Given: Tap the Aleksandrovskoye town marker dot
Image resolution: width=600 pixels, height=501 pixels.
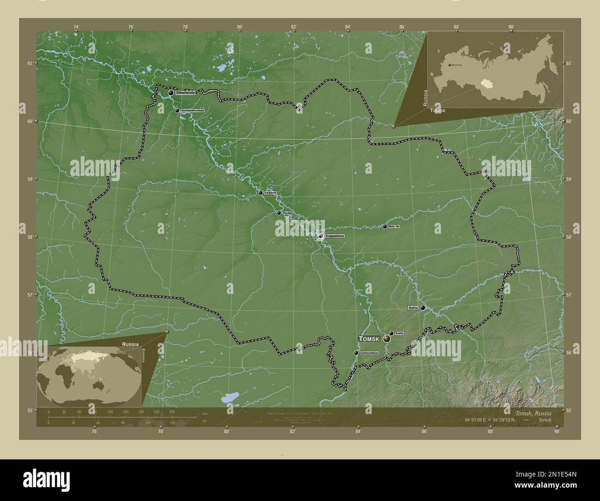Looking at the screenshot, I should pos(177,111).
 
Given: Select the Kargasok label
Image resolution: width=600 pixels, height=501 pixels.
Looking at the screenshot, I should pos(270,193).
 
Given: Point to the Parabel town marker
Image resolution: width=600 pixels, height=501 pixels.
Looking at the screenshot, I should pos(279,213).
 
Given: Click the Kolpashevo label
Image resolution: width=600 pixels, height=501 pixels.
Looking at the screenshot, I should pos(335,236).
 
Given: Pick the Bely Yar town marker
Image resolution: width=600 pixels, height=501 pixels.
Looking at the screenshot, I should pos(385,226).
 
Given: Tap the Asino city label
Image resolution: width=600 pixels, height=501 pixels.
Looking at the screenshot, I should pos(413,307).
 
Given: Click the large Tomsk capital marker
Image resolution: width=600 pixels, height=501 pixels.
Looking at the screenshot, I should pos(387,339).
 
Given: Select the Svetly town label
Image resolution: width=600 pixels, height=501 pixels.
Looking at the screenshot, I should pos(399,333).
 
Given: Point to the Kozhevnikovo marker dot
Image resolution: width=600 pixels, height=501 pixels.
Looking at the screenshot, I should pos(356,353).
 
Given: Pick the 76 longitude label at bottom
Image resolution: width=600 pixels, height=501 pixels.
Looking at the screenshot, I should pos(94,432).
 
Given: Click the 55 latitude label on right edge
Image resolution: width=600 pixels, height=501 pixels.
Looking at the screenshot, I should pos(568,410).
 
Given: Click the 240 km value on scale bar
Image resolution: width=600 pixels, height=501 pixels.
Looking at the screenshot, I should pos(172,411).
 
